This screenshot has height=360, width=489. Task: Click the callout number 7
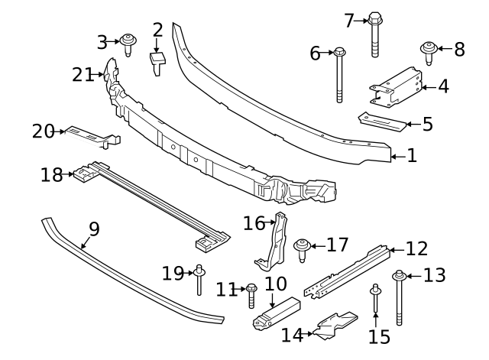pos(350,21)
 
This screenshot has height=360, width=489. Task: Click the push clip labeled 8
pos(429,53)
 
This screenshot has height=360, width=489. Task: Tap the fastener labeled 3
pos(128,44)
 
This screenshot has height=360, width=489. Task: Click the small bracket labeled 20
pos(93,136)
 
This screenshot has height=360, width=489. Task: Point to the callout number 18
pos(51,176)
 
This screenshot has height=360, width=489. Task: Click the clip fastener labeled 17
pos(300,248)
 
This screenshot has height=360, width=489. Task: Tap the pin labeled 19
pos(199,279)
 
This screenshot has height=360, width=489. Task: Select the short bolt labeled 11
pos(251,294)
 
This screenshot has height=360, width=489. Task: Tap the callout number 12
pos(416,248)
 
